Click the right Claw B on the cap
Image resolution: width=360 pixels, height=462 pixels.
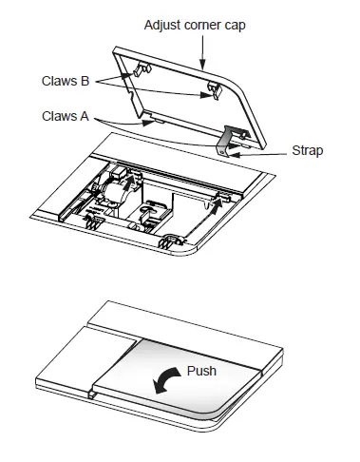point(213,88)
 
